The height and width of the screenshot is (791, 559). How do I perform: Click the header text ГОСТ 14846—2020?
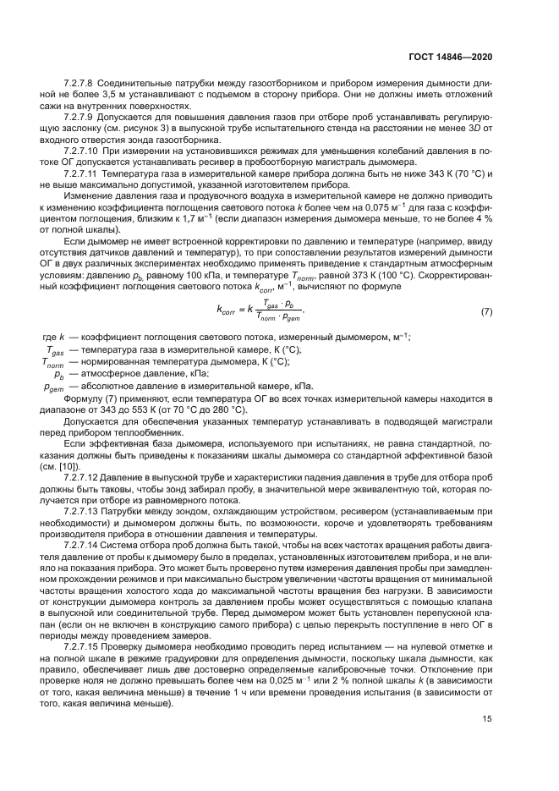tap(452, 57)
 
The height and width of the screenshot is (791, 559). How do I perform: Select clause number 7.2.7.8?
tap(79, 83)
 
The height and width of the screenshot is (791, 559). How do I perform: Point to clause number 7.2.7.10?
tap(81, 150)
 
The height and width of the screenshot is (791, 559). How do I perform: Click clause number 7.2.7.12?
tap(81, 478)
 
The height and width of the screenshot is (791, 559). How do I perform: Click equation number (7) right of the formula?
tap(486, 312)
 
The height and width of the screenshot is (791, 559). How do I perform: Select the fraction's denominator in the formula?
tap(277, 319)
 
